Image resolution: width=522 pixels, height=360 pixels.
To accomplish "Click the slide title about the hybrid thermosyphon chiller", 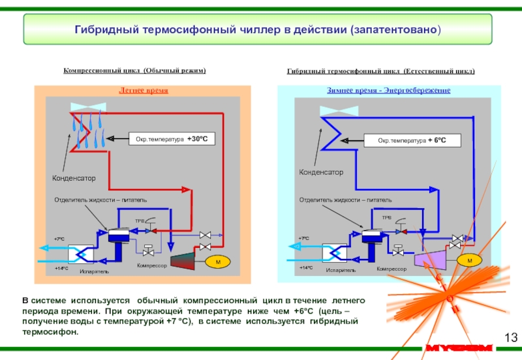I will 258,31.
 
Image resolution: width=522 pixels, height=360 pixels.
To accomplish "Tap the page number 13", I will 511,337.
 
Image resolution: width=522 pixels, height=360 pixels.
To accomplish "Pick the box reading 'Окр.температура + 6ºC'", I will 420,140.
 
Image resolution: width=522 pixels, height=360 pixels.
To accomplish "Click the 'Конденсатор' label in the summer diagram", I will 74,177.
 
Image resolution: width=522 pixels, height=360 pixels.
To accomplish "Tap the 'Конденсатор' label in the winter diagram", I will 321,172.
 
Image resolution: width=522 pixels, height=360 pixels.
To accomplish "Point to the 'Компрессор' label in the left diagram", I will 151,266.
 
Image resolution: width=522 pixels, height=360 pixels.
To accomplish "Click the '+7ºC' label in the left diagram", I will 60,239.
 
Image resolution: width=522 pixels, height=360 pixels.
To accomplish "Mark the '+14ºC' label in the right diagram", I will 306,267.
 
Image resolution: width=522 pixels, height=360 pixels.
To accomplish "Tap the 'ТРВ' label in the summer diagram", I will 139,222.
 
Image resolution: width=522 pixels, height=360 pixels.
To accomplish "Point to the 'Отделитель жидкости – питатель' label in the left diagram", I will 100,198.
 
